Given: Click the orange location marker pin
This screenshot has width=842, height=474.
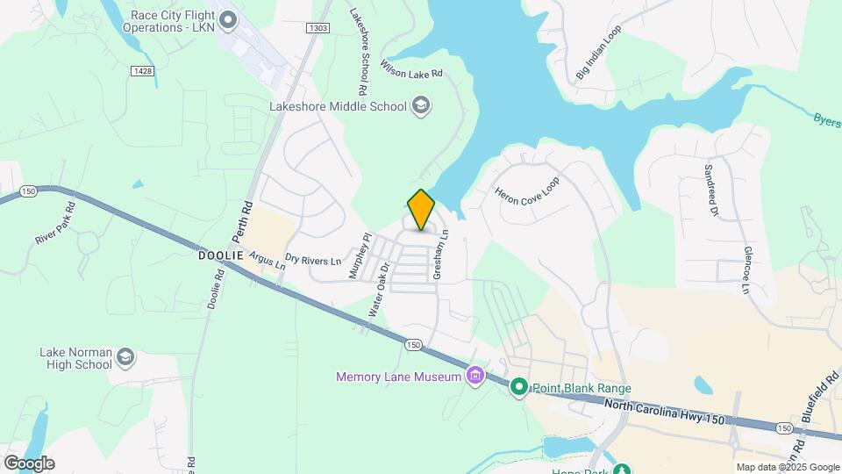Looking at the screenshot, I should [x=422, y=210].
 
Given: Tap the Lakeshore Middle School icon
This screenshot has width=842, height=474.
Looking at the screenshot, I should [x=421, y=106].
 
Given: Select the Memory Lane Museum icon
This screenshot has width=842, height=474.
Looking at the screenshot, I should [x=475, y=377].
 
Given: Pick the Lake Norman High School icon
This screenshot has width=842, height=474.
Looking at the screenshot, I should [x=125, y=356].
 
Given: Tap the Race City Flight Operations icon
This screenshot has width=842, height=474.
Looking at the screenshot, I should [x=229, y=18].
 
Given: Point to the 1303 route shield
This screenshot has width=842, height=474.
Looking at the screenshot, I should [x=318, y=29].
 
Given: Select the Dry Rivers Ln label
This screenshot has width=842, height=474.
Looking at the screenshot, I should [x=313, y=260].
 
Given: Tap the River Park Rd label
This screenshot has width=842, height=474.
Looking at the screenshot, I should [x=55, y=224].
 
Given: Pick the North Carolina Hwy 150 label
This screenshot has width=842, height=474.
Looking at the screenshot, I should [x=666, y=410].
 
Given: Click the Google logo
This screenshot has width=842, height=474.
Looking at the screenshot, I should [x=29, y=463].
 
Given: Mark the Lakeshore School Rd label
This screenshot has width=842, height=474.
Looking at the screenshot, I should [x=358, y=53].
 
